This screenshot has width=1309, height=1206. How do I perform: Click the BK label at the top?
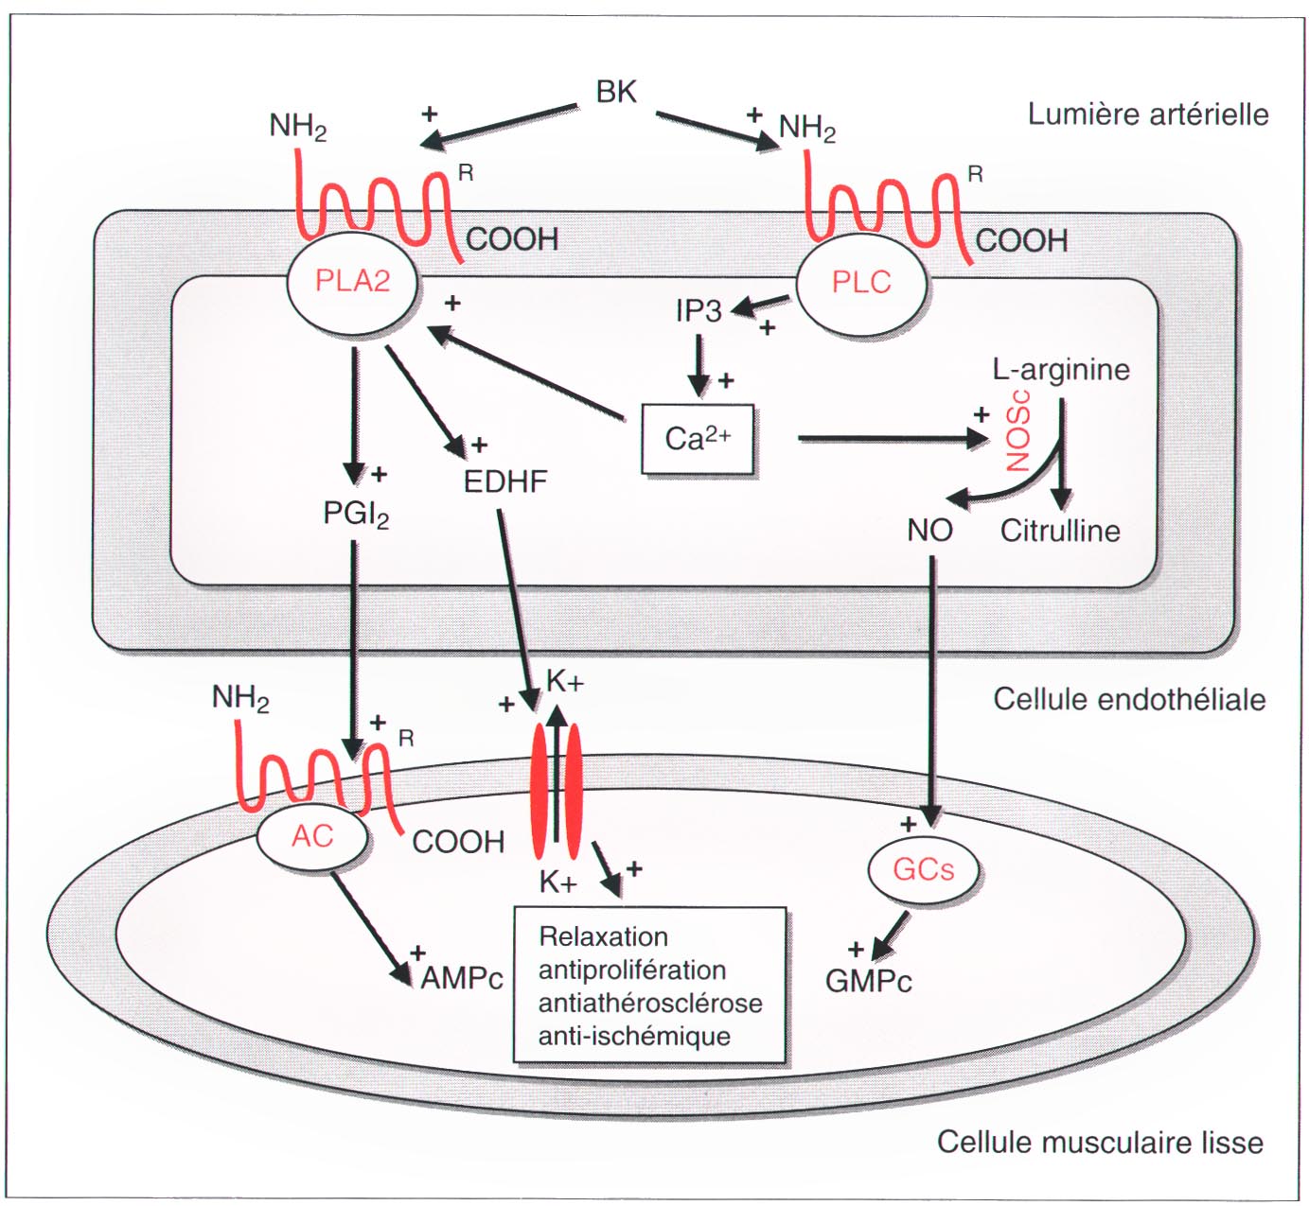pyautogui.click(x=616, y=92)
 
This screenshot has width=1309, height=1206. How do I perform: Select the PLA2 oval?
pyautogui.click(x=352, y=282)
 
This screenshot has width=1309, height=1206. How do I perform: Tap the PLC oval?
pyautogui.click(x=860, y=282)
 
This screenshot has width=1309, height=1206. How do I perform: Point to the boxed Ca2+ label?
pyautogui.click(x=698, y=439)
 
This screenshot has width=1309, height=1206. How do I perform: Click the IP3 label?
pyautogui.click(x=699, y=311)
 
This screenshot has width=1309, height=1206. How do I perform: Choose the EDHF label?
pyautogui.click(x=504, y=481)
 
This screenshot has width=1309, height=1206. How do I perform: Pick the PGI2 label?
pyautogui.click(x=355, y=515)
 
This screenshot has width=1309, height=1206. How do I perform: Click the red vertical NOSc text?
pyautogui.click(x=1018, y=438)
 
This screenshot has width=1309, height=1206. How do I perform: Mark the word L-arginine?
pyautogui.click(x=1060, y=369)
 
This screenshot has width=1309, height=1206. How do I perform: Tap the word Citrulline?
pyautogui.click(x=1059, y=531)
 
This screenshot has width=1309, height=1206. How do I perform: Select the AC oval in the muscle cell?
pyautogui.click(x=312, y=836)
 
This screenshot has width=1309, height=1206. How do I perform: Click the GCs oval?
pyautogui.click(x=923, y=868)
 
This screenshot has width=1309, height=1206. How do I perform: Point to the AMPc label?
pyautogui.click(x=461, y=978)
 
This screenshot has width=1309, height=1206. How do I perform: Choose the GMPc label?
pyautogui.click(x=868, y=981)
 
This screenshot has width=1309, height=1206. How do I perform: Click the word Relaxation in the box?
pyautogui.click(x=603, y=936)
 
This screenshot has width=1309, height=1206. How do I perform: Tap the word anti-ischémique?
pyautogui.click(x=634, y=1036)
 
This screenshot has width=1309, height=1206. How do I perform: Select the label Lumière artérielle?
pyautogui.click(x=1147, y=114)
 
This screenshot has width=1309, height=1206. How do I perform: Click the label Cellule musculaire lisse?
pyautogui.click(x=1099, y=1142)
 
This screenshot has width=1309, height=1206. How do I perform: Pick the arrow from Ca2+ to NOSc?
pyautogui.click(x=890, y=438)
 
